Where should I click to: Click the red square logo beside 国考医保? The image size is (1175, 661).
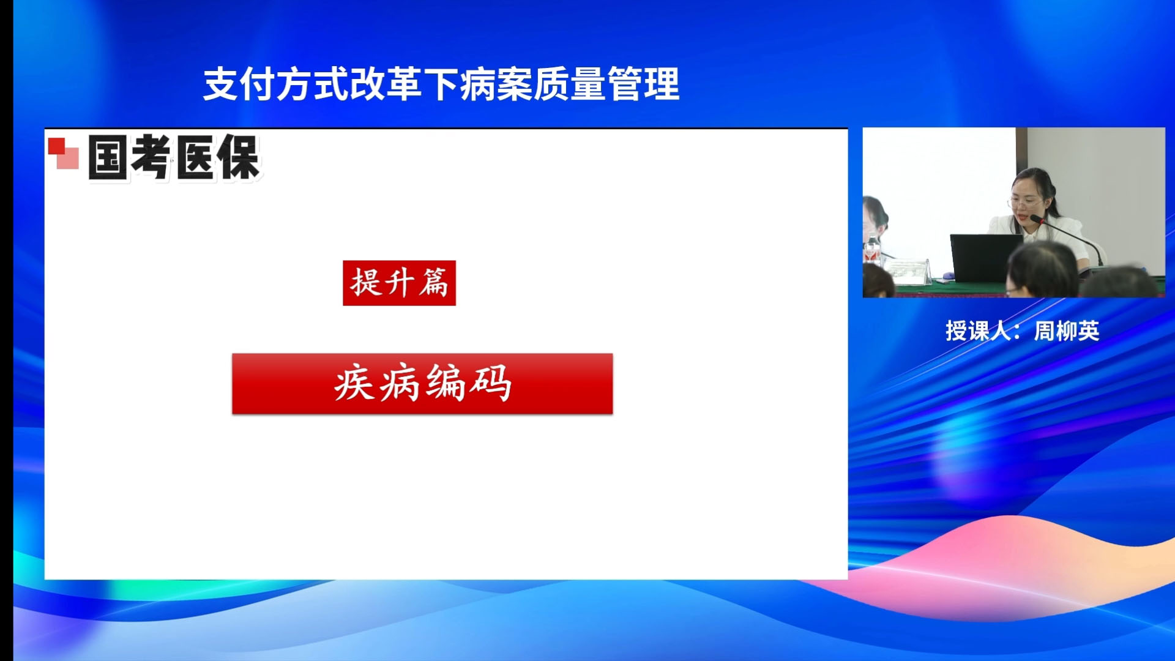coord(63,153)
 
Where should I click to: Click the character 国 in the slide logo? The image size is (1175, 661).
coord(108,157)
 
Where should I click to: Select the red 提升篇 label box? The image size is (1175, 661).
coord(399,283)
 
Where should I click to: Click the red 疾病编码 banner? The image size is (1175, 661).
coord(422,384)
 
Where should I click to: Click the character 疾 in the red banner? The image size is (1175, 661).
coord(354,383)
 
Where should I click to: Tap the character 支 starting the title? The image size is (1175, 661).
coord(221,84)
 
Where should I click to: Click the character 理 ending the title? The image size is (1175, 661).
coord(662,84)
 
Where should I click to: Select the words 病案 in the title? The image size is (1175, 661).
coord(496,84)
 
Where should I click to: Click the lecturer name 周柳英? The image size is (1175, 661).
coord(1067,331)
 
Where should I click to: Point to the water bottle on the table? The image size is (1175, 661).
coord(872,252)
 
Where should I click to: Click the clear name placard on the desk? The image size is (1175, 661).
coord(908,271)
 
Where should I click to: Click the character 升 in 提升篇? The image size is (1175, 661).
coord(398,283)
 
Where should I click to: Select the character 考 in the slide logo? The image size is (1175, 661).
coord(151,157)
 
